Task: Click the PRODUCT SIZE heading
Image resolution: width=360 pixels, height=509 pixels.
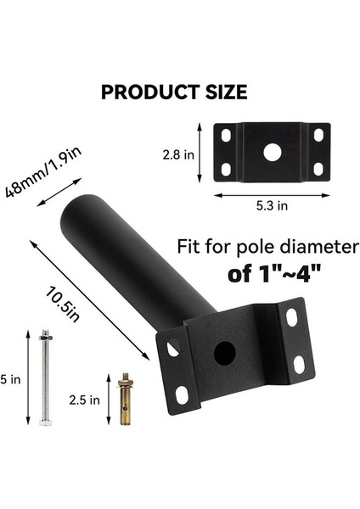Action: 174,92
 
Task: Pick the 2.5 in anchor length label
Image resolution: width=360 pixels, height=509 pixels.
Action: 89,398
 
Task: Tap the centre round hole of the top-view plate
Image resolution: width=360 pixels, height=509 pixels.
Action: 272,153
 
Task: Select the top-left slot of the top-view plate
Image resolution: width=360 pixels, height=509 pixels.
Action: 226,135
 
